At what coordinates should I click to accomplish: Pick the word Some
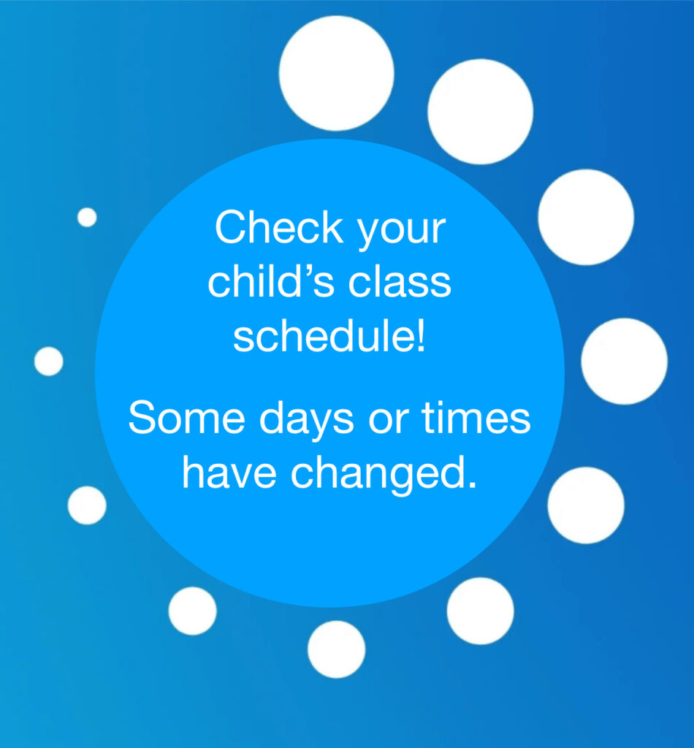[187, 417]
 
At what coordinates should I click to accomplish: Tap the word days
[307, 421]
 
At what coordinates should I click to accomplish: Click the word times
[476, 417]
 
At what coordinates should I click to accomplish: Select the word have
[229, 473]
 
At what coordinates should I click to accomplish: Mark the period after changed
[472, 486]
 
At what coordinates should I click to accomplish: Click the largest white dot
[336, 73]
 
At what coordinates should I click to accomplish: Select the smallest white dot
[87, 217]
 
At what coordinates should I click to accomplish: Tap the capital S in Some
[144, 417]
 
